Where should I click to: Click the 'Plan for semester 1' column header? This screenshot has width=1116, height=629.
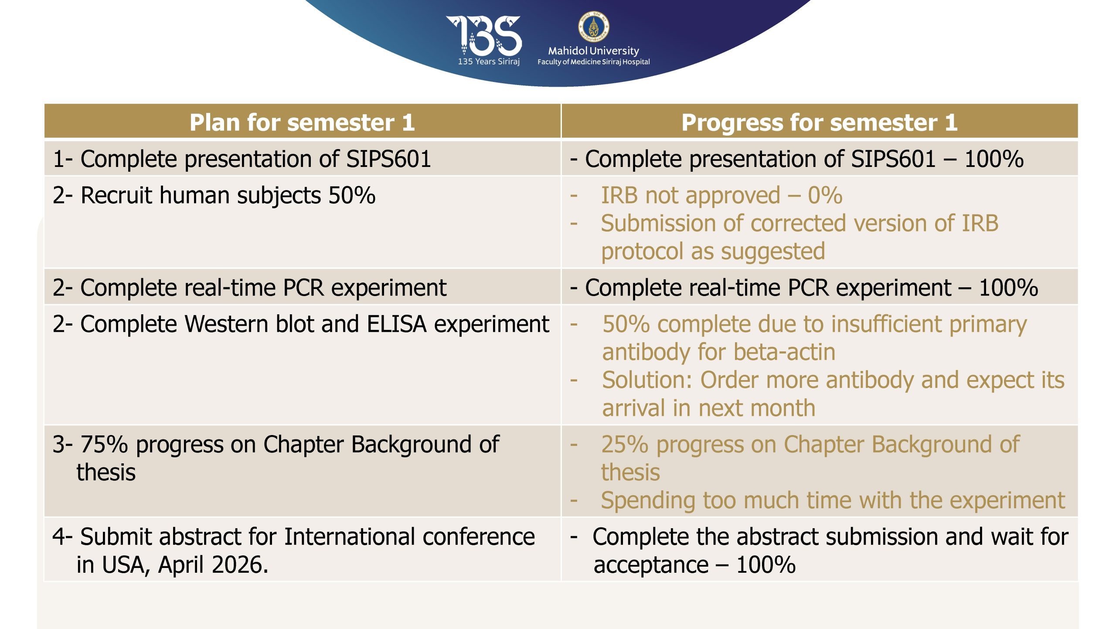pyautogui.click(x=302, y=122)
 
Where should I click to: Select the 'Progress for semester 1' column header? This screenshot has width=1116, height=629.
pyautogui.click(x=820, y=122)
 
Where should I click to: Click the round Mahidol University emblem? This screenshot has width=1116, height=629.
pyautogui.click(x=593, y=26)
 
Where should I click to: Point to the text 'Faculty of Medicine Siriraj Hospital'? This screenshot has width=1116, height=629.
pyautogui.click(x=593, y=62)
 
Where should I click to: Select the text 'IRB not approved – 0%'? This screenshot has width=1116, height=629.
pyautogui.click(x=721, y=195)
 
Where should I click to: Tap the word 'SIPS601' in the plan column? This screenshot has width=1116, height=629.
pyautogui.click(x=388, y=158)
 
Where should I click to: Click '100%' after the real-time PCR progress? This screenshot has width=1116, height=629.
pyautogui.click(x=1008, y=288)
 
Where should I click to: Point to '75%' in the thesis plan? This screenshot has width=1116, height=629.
pyautogui.click(x=104, y=444)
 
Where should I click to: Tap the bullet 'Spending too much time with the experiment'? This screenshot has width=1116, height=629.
pyautogui.click(x=833, y=500)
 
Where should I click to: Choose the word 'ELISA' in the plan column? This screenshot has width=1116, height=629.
pyautogui.click(x=397, y=324)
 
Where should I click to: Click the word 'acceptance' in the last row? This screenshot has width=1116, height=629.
pyautogui.click(x=651, y=565)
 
